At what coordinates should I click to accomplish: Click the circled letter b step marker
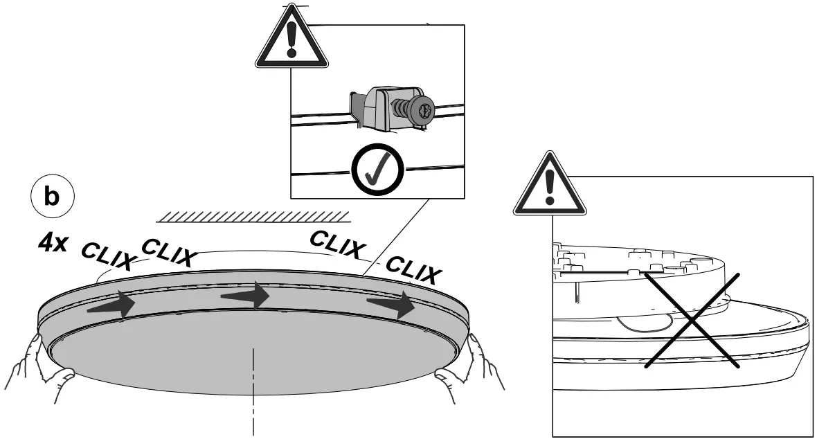(x=52, y=196)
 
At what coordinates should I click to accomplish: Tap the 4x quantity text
(x=53, y=244)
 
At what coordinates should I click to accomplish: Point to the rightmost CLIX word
(x=413, y=270)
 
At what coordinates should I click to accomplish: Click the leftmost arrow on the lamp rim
(x=111, y=304)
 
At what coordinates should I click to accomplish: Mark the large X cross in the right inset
(x=693, y=319)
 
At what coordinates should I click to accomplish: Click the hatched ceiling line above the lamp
(x=253, y=215)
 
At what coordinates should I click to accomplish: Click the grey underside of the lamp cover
(x=256, y=360)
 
